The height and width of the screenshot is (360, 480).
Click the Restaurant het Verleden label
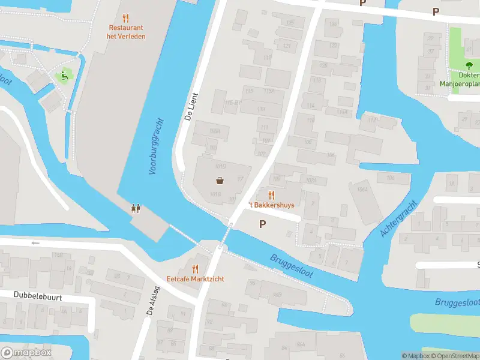[127, 32]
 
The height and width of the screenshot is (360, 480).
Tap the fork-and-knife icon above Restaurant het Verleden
[125, 18]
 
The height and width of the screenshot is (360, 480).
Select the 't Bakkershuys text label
[272, 205]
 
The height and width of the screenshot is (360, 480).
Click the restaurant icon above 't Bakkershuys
[271, 194]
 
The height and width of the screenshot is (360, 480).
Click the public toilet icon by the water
[136, 209]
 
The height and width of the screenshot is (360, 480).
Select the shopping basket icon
[220, 181]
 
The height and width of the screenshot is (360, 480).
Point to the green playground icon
[62, 76]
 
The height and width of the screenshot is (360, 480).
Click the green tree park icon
[469, 65]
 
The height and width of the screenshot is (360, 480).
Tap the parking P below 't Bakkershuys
[262, 224]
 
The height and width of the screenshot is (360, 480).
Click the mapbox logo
[26, 353]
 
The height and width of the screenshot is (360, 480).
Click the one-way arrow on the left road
[35, 243]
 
